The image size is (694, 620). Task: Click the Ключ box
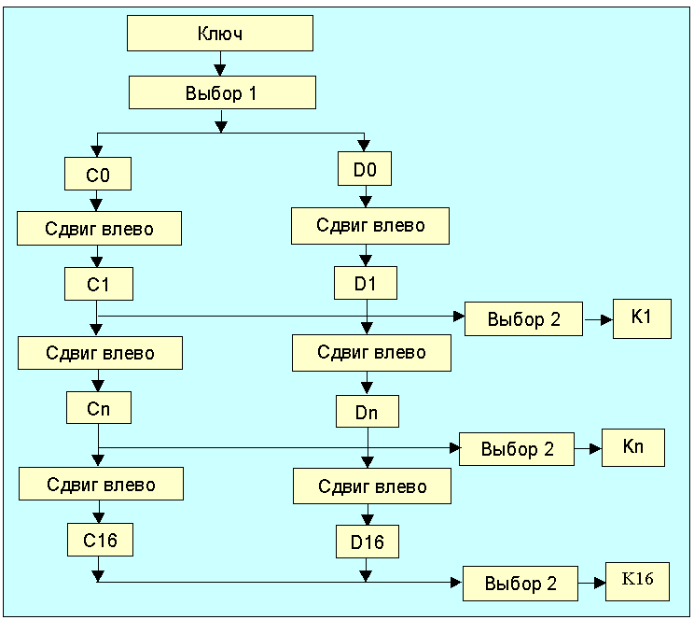(220, 34)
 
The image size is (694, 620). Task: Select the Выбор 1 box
(222, 93)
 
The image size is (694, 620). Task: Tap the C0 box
(97, 174)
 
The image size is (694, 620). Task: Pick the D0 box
(365, 170)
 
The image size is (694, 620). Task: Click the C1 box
(98, 284)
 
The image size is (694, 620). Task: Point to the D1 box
(366, 282)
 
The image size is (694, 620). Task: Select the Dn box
(368, 411)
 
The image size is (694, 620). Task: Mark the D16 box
(368, 541)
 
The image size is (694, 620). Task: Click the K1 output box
(641, 318)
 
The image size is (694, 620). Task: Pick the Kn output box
(633, 446)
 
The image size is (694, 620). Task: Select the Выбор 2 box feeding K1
(524, 319)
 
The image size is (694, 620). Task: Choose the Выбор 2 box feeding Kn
(518, 449)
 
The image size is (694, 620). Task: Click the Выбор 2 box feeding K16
(520, 585)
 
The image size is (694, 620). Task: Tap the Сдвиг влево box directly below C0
(99, 228)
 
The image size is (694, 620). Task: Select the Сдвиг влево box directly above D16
(372, 486)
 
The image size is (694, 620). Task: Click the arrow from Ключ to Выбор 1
(220, 63)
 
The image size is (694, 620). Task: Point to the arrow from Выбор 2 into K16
(592, 585)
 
